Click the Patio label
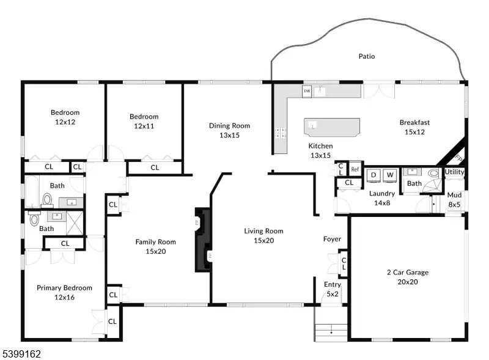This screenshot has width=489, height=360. click(366, 56)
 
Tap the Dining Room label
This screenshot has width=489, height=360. click(230, 126)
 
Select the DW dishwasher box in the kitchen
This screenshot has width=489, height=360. click(307, 91)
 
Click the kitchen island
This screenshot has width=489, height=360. click(332, 127)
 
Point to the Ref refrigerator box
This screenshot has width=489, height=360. click(355, 169)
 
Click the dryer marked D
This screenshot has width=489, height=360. click(373, 175)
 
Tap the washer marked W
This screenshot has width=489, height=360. click(390, 175)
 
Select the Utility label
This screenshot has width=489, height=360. click(454, 172)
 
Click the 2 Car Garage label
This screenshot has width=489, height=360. click(408, 273)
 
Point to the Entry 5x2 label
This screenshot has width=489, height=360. click(333, 289)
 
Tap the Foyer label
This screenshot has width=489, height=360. click(332, 239)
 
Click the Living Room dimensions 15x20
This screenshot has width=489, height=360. click(264, 241)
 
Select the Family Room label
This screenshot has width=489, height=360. click(156, 242)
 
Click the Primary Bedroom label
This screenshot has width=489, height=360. click(65, 288)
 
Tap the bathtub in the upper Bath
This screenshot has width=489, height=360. click(32, 191)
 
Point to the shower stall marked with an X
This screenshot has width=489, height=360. click(75, 222)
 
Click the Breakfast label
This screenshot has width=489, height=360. click(415, 122)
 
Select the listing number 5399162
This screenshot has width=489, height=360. click(22, 354)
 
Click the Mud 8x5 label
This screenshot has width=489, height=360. click(454, 200)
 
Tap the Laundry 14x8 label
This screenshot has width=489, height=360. click(382, 198)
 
